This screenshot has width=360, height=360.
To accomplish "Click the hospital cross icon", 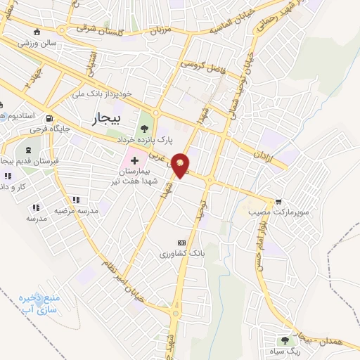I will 134,161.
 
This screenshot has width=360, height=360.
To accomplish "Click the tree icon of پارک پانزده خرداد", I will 145,128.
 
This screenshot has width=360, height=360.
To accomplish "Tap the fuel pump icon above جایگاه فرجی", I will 49,118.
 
